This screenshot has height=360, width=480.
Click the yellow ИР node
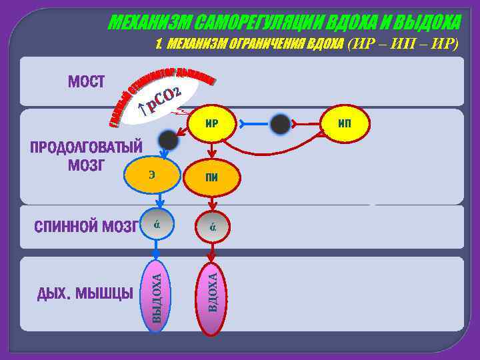[x=211, y=123]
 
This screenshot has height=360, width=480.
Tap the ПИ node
[x=211, y=177]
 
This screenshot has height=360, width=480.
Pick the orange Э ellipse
[x=153, y=175]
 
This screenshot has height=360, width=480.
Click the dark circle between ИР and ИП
[x=281, y=124]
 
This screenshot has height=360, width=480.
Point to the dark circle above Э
[x=168, y=139]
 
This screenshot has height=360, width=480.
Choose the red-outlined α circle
[x=211, y=225]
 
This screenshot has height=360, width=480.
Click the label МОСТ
[x=87, y=82]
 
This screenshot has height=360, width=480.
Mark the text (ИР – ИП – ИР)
[x=403, y=44]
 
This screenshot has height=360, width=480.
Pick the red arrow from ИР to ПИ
[x=211, y=151]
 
